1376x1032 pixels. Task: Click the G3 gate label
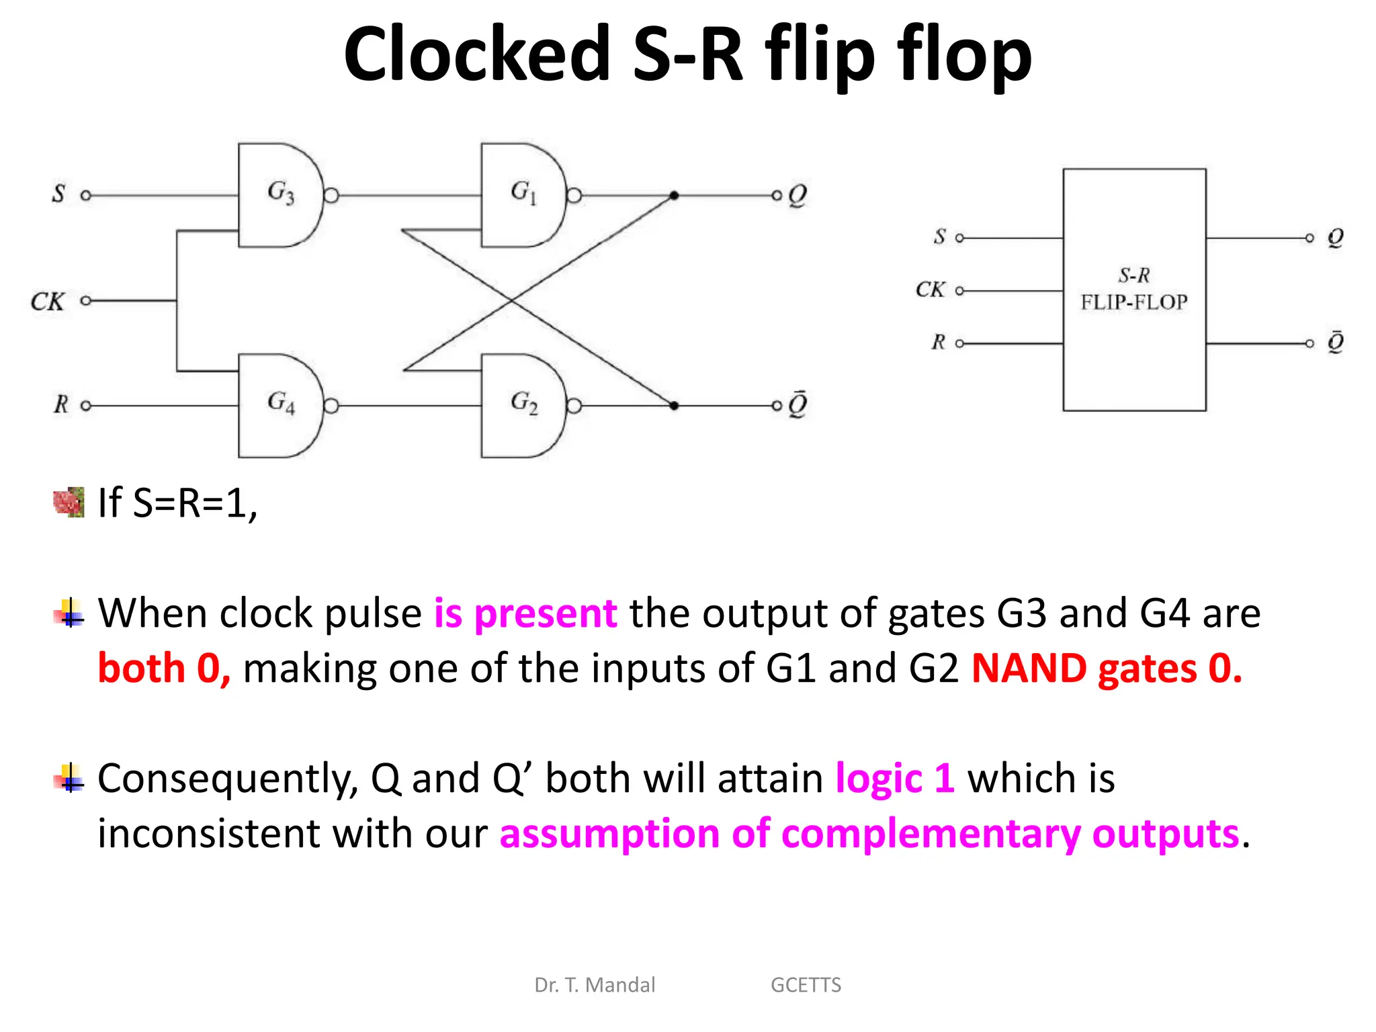click(281, 193)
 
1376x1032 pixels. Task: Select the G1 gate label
click(523, 193)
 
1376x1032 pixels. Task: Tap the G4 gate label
click(281, 403)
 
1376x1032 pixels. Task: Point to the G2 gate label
click(523, 403)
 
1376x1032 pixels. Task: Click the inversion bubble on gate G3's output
click(331, 196)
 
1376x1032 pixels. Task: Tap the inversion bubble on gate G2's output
click(574, 406)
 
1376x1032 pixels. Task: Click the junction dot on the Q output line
click(674, 196)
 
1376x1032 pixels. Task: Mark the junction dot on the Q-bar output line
click(674, 406)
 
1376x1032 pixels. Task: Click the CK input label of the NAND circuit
click(47, 302)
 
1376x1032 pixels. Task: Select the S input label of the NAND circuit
click(59, 194)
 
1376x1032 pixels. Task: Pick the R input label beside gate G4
click(60, 404)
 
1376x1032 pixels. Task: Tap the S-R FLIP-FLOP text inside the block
click(1134, 290)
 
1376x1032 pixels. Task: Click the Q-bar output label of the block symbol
click(1335, 342)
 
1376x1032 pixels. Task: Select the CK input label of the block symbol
click(930, 290)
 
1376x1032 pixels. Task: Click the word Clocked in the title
click(476, 54)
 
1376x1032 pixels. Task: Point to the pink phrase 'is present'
click(525, 613)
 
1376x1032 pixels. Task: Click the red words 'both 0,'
click(164, 669)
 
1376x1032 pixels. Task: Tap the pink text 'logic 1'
click(894, 779)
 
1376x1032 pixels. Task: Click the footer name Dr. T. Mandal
click(595, 985)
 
